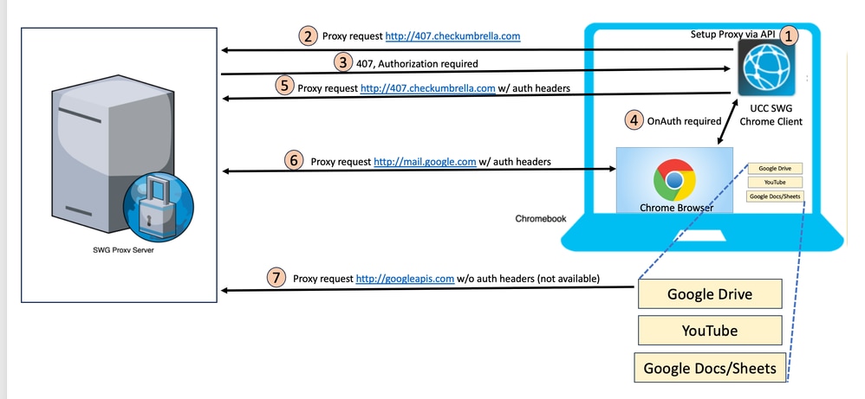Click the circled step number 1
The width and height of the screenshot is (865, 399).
(x=788, y=36)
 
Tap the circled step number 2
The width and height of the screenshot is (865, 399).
(x=308, y=36)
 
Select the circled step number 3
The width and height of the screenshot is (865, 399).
(x=343, y=62)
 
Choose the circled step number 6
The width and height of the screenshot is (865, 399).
(x=295, y=160)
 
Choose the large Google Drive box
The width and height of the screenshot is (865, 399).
(x=710, y=294)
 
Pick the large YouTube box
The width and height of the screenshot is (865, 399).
(x=710, y=331)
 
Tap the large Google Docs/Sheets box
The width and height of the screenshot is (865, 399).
(x=710, y=368)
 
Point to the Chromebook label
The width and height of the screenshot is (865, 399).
(x=540, y=219)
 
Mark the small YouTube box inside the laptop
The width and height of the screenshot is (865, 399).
(x=774, y=183)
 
